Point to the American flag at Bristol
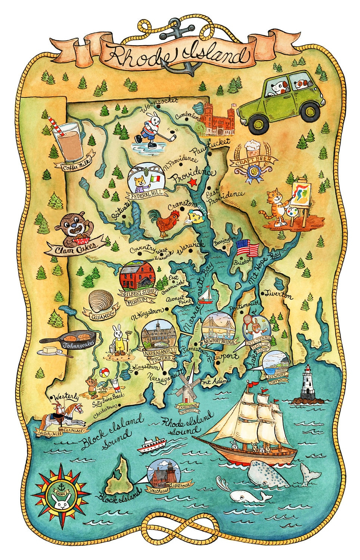[248, 248]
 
